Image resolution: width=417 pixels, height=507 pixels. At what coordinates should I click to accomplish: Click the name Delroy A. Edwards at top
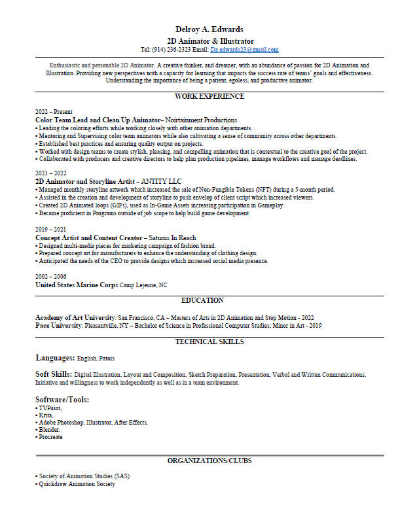[209, 29]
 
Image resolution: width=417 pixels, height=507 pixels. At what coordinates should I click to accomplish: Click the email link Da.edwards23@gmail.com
[244, 50]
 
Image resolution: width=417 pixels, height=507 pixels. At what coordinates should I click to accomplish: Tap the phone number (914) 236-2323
[172, 50]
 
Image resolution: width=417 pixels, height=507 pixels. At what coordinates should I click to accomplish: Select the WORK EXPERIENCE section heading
[209, 97]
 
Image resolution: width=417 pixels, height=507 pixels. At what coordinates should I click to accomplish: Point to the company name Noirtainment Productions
[201, 120]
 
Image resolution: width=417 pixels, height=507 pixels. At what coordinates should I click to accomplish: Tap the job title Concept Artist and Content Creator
[88, 237]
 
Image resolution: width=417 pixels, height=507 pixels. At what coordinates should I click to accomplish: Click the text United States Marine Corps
[76, 285]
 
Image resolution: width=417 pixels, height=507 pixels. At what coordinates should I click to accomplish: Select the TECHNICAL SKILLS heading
[209, 342]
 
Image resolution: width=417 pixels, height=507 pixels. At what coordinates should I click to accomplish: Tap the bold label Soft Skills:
[53, 374]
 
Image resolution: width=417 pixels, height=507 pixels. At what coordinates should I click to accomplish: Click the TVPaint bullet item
[50, 408]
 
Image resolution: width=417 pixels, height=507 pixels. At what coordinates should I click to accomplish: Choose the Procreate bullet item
[50, 437]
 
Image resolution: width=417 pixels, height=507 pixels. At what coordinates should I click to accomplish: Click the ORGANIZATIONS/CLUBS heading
[209, 461]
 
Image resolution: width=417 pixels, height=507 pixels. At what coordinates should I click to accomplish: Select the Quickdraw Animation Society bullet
[77, 484]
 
